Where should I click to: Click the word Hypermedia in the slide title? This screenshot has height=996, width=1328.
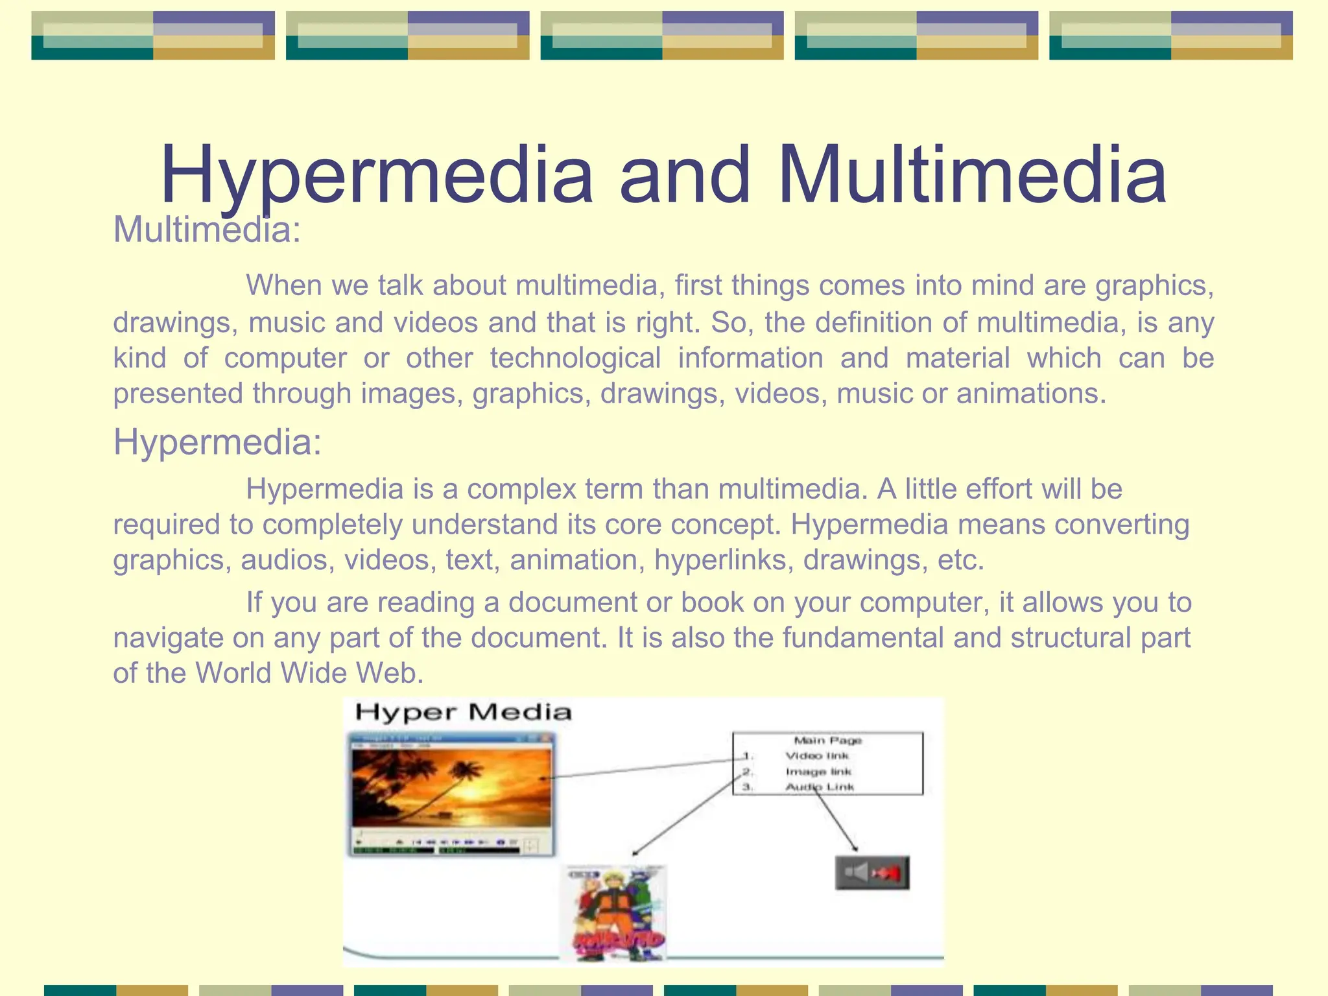376,175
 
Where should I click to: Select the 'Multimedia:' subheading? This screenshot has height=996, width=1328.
207,230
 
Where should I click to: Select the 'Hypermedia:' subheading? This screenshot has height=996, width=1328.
217,442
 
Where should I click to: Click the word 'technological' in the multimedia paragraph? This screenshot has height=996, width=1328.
575,358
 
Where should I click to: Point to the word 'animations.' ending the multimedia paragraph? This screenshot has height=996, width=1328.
1031,394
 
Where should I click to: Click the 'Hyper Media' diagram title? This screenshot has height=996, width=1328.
463,713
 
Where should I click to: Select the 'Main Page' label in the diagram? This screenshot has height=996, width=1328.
827,741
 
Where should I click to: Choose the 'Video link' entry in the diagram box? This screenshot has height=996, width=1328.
817,756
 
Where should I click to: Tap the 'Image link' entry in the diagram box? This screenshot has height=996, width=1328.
818,772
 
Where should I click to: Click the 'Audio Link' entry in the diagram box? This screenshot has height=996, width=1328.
820,787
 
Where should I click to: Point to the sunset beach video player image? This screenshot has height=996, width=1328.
451,794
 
